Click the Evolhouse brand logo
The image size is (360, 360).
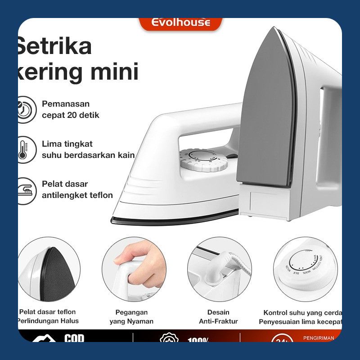click(181, 22)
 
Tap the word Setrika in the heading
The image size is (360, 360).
click(54, 46)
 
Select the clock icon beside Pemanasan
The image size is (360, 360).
click(26, 109)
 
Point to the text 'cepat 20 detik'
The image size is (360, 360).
click(71, 115)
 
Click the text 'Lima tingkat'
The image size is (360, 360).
click(67, 144)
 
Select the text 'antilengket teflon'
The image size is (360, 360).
click(77, 195)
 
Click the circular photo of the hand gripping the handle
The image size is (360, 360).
click(131, 269)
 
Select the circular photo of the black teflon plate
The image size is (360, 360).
click(49, 269)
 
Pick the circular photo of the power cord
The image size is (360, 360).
click(218, 269)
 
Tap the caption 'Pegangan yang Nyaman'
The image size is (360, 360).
click(131, 317)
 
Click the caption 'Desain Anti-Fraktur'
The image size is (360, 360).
click(218, 317)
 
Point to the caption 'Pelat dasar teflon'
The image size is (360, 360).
click(48, 312)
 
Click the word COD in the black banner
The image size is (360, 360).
click(74, 337)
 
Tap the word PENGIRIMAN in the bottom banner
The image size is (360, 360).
click(319, 337)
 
